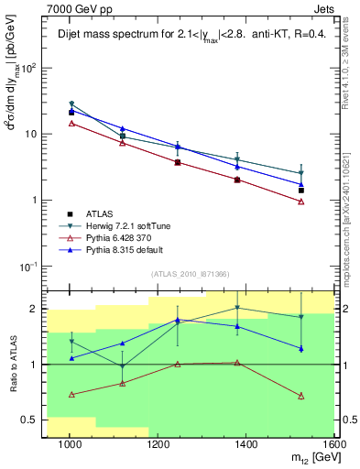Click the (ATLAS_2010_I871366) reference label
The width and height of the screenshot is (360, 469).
pos(190,275)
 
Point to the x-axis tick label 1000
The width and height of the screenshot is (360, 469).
pos(69,445)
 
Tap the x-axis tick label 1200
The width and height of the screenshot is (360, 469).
pos(158,445)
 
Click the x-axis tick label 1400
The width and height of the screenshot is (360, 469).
pos(246,445)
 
